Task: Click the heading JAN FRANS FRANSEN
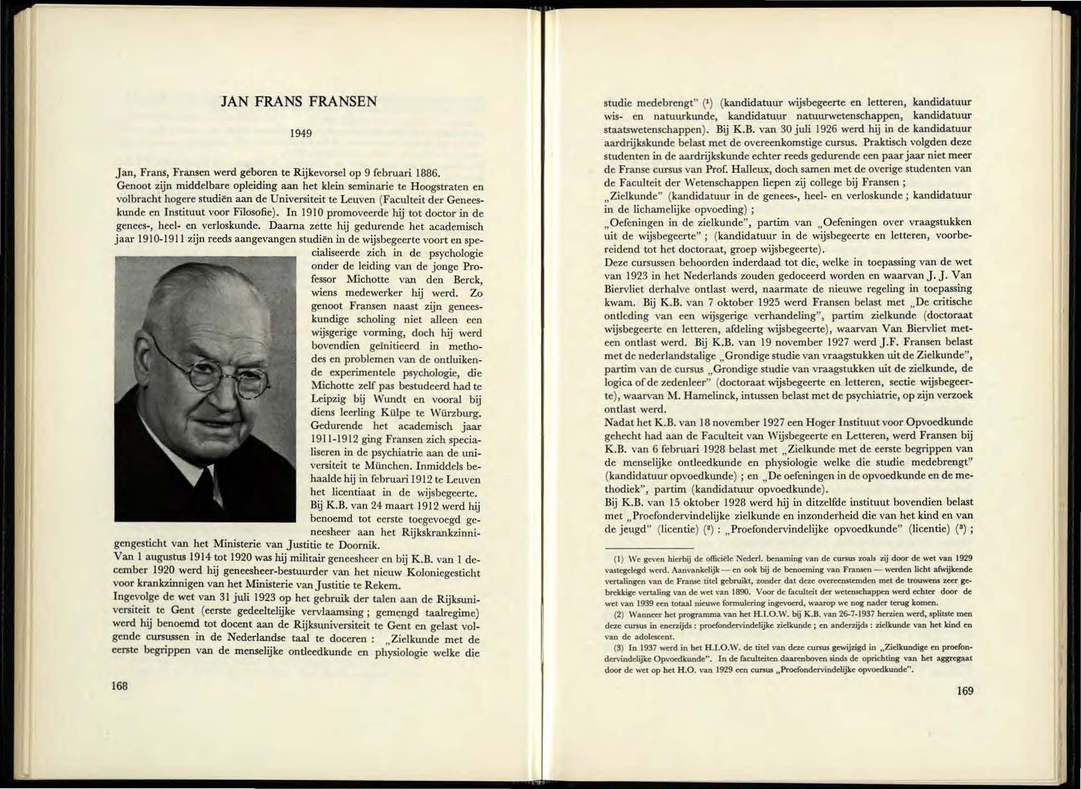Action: point(298,102)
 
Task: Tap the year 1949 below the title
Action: point(301,133)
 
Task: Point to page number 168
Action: point(119,686)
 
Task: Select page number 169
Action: point(965,691)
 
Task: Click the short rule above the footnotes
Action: point(649,548)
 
